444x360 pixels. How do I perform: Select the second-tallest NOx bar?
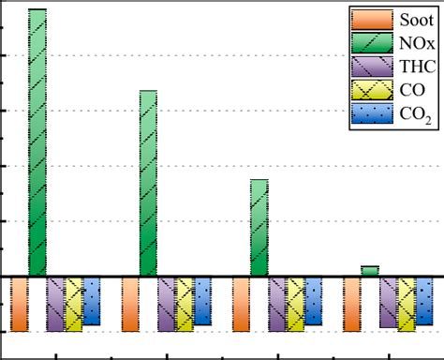tap(148, 184)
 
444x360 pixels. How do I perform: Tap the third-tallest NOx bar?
tap(259, 228)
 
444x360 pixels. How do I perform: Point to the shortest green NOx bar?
tap(369, 271)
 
